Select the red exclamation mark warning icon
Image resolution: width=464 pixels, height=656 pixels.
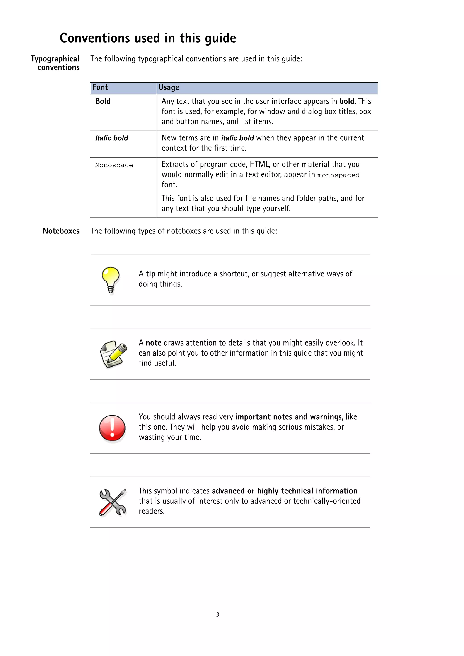[112, 428]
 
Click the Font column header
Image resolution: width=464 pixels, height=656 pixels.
[100, 87]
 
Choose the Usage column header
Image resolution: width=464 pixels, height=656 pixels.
[169, 87]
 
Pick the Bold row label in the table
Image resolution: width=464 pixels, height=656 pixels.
[103, 101]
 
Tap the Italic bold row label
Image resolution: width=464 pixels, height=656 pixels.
[111, 138]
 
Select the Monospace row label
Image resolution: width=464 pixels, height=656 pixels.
[114, 165]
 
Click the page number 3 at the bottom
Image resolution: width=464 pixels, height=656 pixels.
[217, 614]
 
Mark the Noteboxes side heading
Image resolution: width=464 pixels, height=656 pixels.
[61, 231]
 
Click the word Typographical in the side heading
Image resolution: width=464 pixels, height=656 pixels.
[55, 59]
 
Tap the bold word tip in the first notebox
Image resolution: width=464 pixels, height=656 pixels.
[150, 274]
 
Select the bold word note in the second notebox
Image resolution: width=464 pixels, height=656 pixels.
[154, 343]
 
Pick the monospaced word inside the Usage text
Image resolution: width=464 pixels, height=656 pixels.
[338, 175]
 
